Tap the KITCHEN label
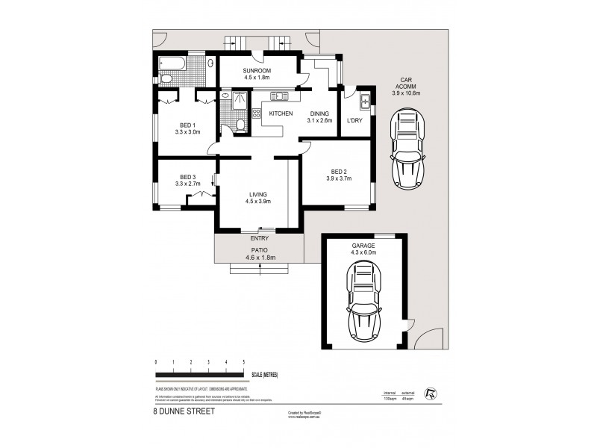point(270,113)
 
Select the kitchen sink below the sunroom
point(280,95)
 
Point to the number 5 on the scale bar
point(243,362)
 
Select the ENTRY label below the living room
point(259,239)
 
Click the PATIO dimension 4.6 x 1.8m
point(259,258)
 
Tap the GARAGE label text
point(365,245)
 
